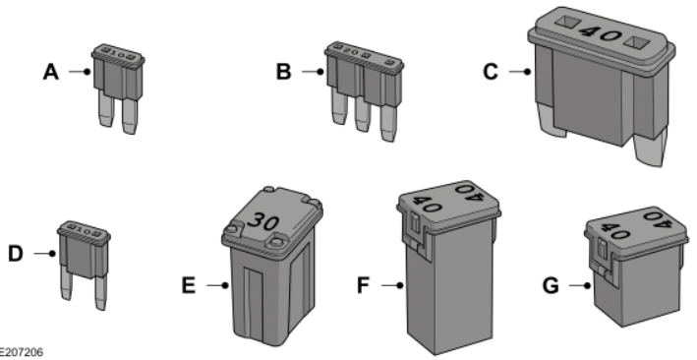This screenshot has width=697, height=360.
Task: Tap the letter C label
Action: pyautogui.click(x=505, y=71)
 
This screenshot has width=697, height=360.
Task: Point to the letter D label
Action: pyautogui.click(x=16, y=254)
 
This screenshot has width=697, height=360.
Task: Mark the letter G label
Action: pyautogui.click(x=562, y=287)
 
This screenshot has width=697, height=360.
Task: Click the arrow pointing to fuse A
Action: pyautogui.click(x=77, y=71)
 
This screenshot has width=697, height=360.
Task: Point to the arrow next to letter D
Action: pyautogui.click(x=41, y=254)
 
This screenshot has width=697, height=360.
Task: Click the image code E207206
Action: pyautogui.click(x=22, y=350)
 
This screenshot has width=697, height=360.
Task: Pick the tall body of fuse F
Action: pyautogui.click(x=452, y=290)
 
